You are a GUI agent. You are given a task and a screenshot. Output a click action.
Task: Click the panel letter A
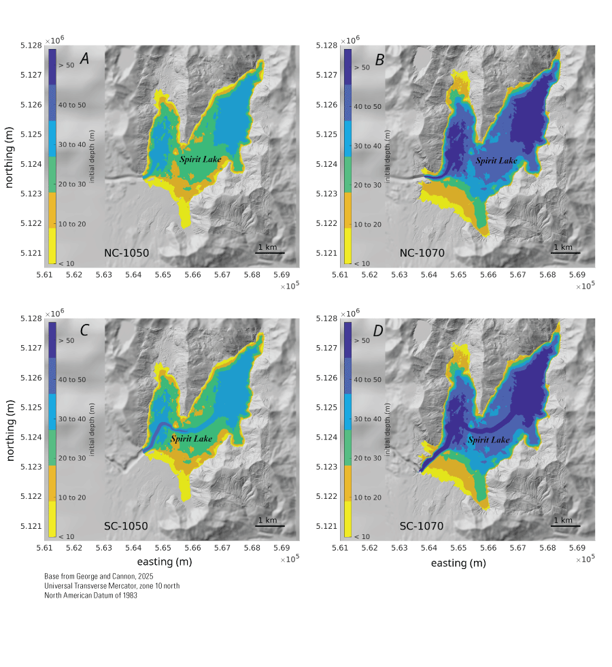click(x=85, y=59)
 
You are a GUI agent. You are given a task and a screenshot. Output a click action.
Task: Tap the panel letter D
click(x=379, y=331)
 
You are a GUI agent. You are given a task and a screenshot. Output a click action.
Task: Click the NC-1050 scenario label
click(x=126, y=253)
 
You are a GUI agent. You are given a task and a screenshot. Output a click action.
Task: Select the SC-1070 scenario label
click(x=422, y=526)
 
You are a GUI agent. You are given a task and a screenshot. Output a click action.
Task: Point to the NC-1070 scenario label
click(x=422, y=253)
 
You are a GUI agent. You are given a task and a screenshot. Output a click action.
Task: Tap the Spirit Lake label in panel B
click(x=496, y=161)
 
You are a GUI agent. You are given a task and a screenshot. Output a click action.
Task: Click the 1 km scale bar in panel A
click(x=269, y=253)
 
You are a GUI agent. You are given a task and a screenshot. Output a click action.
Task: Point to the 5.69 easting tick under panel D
click(x=577, y=548)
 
